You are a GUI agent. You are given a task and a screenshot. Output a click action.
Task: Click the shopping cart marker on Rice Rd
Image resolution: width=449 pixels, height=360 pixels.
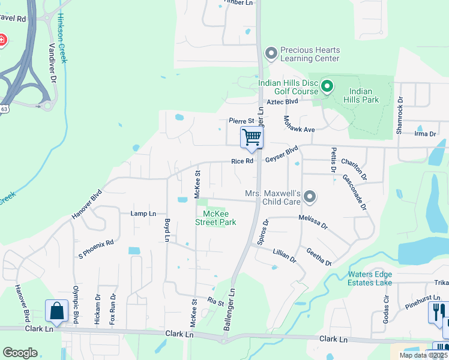coord(252,137)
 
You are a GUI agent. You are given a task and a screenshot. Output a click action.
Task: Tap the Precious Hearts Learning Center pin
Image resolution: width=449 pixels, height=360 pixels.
coord(271,54)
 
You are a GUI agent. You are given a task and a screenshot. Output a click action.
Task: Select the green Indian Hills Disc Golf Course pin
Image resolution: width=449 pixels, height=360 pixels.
coord(327,87)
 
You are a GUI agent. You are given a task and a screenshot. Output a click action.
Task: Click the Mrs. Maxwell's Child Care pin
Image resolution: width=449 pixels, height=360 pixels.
coord(310,197)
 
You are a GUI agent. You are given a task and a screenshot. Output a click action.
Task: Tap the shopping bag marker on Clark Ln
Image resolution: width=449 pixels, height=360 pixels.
coord(57,311)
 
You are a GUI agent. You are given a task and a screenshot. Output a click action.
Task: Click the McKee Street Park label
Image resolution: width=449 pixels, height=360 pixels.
coord(215,218)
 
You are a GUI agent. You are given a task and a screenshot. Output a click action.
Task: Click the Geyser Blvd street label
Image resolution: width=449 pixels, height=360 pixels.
coord(282,157)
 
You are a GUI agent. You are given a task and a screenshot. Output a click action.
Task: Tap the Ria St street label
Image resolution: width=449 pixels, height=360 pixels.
coord(215,303)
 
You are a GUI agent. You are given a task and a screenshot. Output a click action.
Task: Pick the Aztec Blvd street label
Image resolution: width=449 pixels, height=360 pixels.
coord(282,102)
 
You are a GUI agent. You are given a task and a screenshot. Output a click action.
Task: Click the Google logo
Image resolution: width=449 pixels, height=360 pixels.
coord(20,353)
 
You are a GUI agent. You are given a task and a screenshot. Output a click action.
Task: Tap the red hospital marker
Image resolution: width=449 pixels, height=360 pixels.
coord(2,40)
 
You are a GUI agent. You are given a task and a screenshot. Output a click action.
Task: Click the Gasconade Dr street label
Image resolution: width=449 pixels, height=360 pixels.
coord(354,191)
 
